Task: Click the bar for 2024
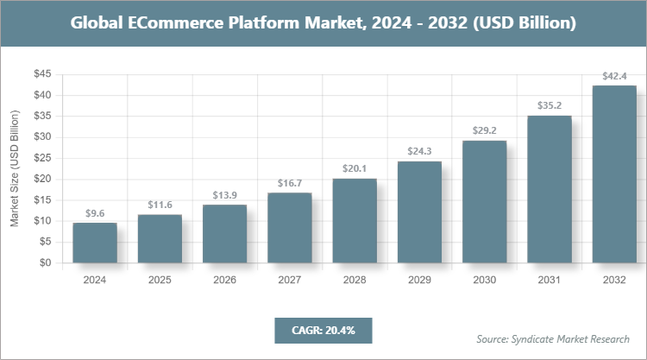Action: click(95, 243)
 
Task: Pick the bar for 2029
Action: click(419, 212)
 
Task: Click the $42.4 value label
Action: click(614, 76)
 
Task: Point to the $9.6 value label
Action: click(95, 213)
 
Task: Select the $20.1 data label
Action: click(355, 169)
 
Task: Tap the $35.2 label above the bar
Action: click(550, 106)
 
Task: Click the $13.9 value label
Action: click(224, 195)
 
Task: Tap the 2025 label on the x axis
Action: click(160, 280)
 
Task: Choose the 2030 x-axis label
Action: click(484, 280)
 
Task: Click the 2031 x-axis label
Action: click(550, 280)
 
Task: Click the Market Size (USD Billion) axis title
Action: click(15, 169)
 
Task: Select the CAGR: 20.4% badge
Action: click(323, 330)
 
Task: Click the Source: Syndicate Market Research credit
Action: click(553, 338)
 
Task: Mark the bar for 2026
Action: click(224, 234)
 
